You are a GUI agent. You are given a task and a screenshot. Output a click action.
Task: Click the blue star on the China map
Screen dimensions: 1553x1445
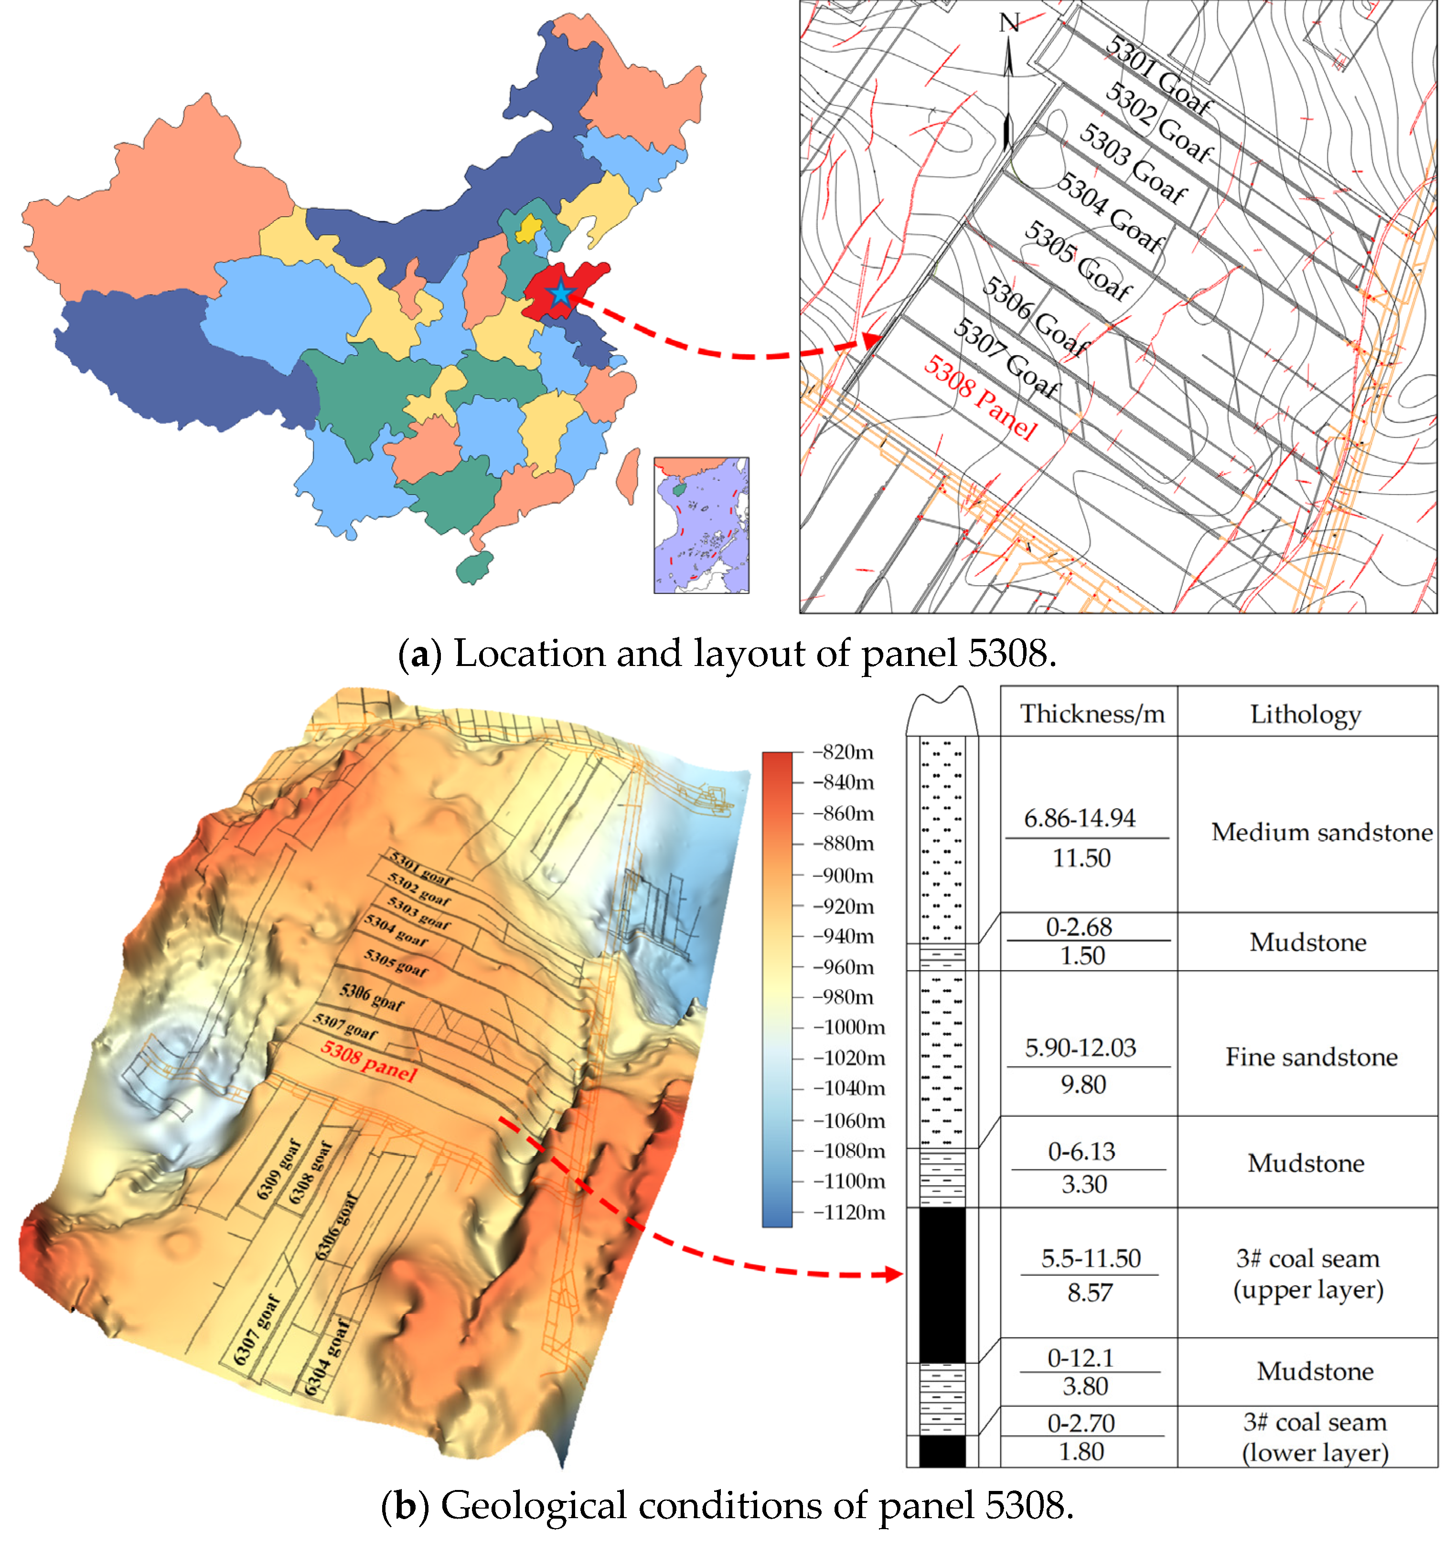[x=560, y=295]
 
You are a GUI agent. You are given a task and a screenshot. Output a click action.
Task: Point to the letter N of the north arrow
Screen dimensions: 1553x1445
[x=1009, y=23]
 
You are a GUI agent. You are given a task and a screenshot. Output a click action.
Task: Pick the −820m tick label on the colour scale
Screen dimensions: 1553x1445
[x=843, y=752]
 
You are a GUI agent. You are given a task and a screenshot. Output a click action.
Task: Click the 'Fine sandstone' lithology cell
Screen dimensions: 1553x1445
[x=1311, y=1057]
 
